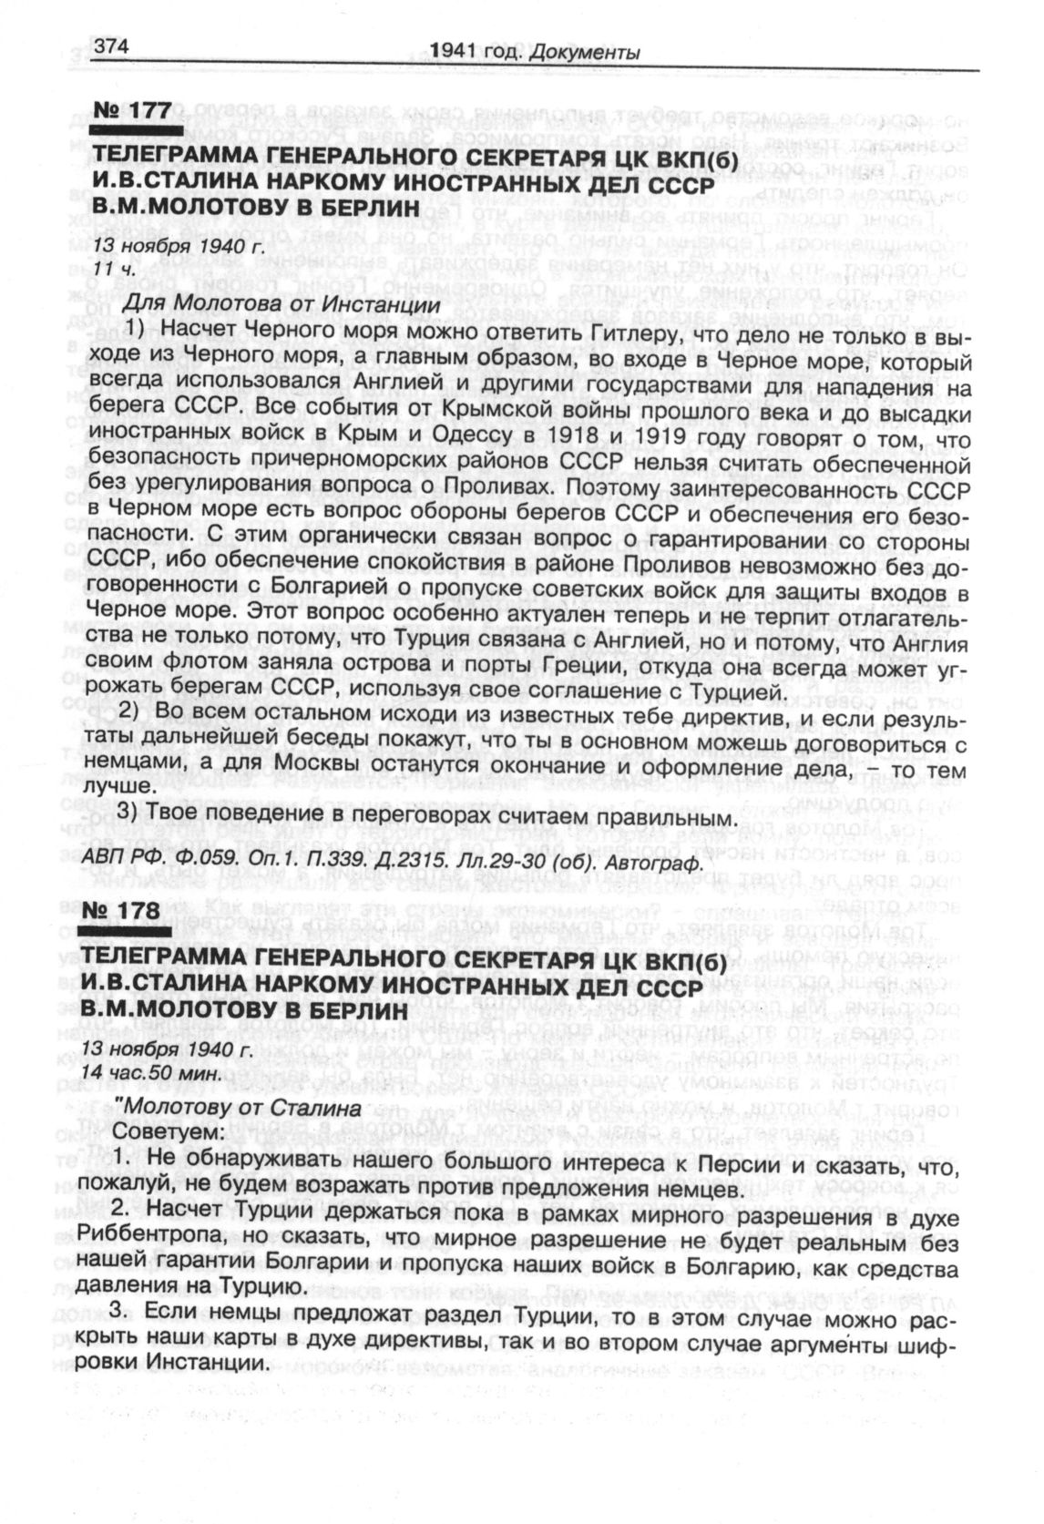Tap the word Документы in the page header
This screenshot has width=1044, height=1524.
click(589, 52)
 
